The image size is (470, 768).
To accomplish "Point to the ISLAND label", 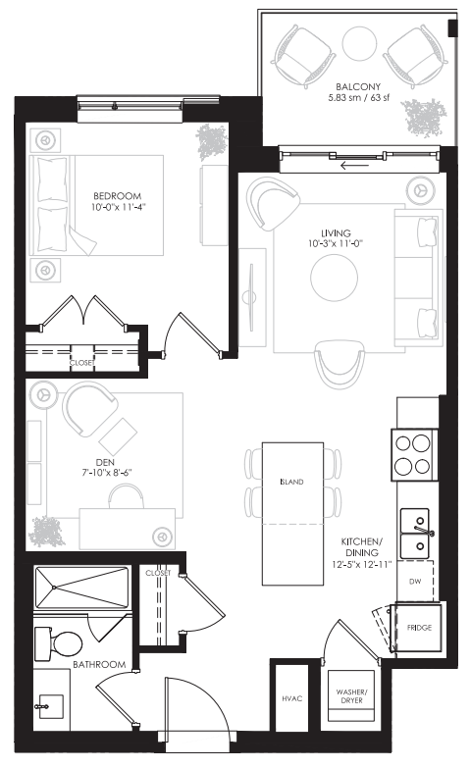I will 291,483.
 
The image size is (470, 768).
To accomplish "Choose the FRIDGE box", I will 419,626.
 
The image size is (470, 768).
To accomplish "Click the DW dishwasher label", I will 414,582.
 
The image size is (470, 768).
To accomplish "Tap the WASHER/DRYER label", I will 350,696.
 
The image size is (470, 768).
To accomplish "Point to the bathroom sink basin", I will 48,705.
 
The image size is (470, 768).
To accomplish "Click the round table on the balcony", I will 359,42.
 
